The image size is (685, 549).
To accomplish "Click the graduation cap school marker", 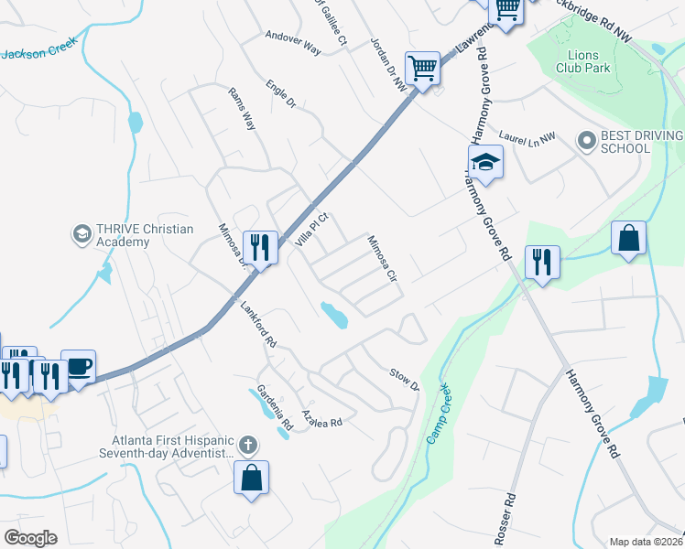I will [486, 164].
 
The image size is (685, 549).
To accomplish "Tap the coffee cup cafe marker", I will [78, 366].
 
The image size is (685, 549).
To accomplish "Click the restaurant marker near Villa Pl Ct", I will [260, 247].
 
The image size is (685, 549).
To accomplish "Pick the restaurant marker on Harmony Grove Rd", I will [542, 263].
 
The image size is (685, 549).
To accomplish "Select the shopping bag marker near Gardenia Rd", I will [251, 477].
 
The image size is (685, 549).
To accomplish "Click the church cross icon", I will [245, 446].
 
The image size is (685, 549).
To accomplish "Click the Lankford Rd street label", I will [257, 326].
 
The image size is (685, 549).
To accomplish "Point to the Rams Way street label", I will [242, 110].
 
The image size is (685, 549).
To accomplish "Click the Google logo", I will [30, 538].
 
